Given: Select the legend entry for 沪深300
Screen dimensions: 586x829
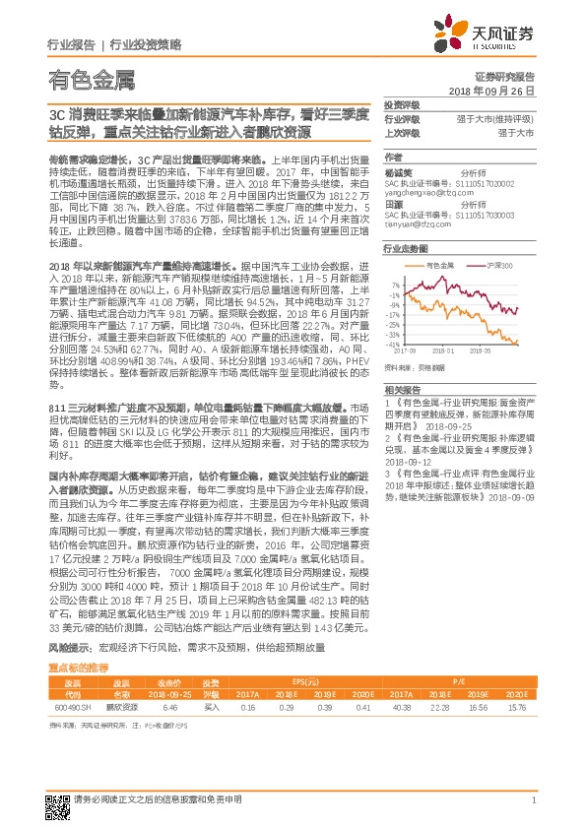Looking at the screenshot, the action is tap(487, 266).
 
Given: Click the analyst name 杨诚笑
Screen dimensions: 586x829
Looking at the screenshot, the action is tap(397, 171).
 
